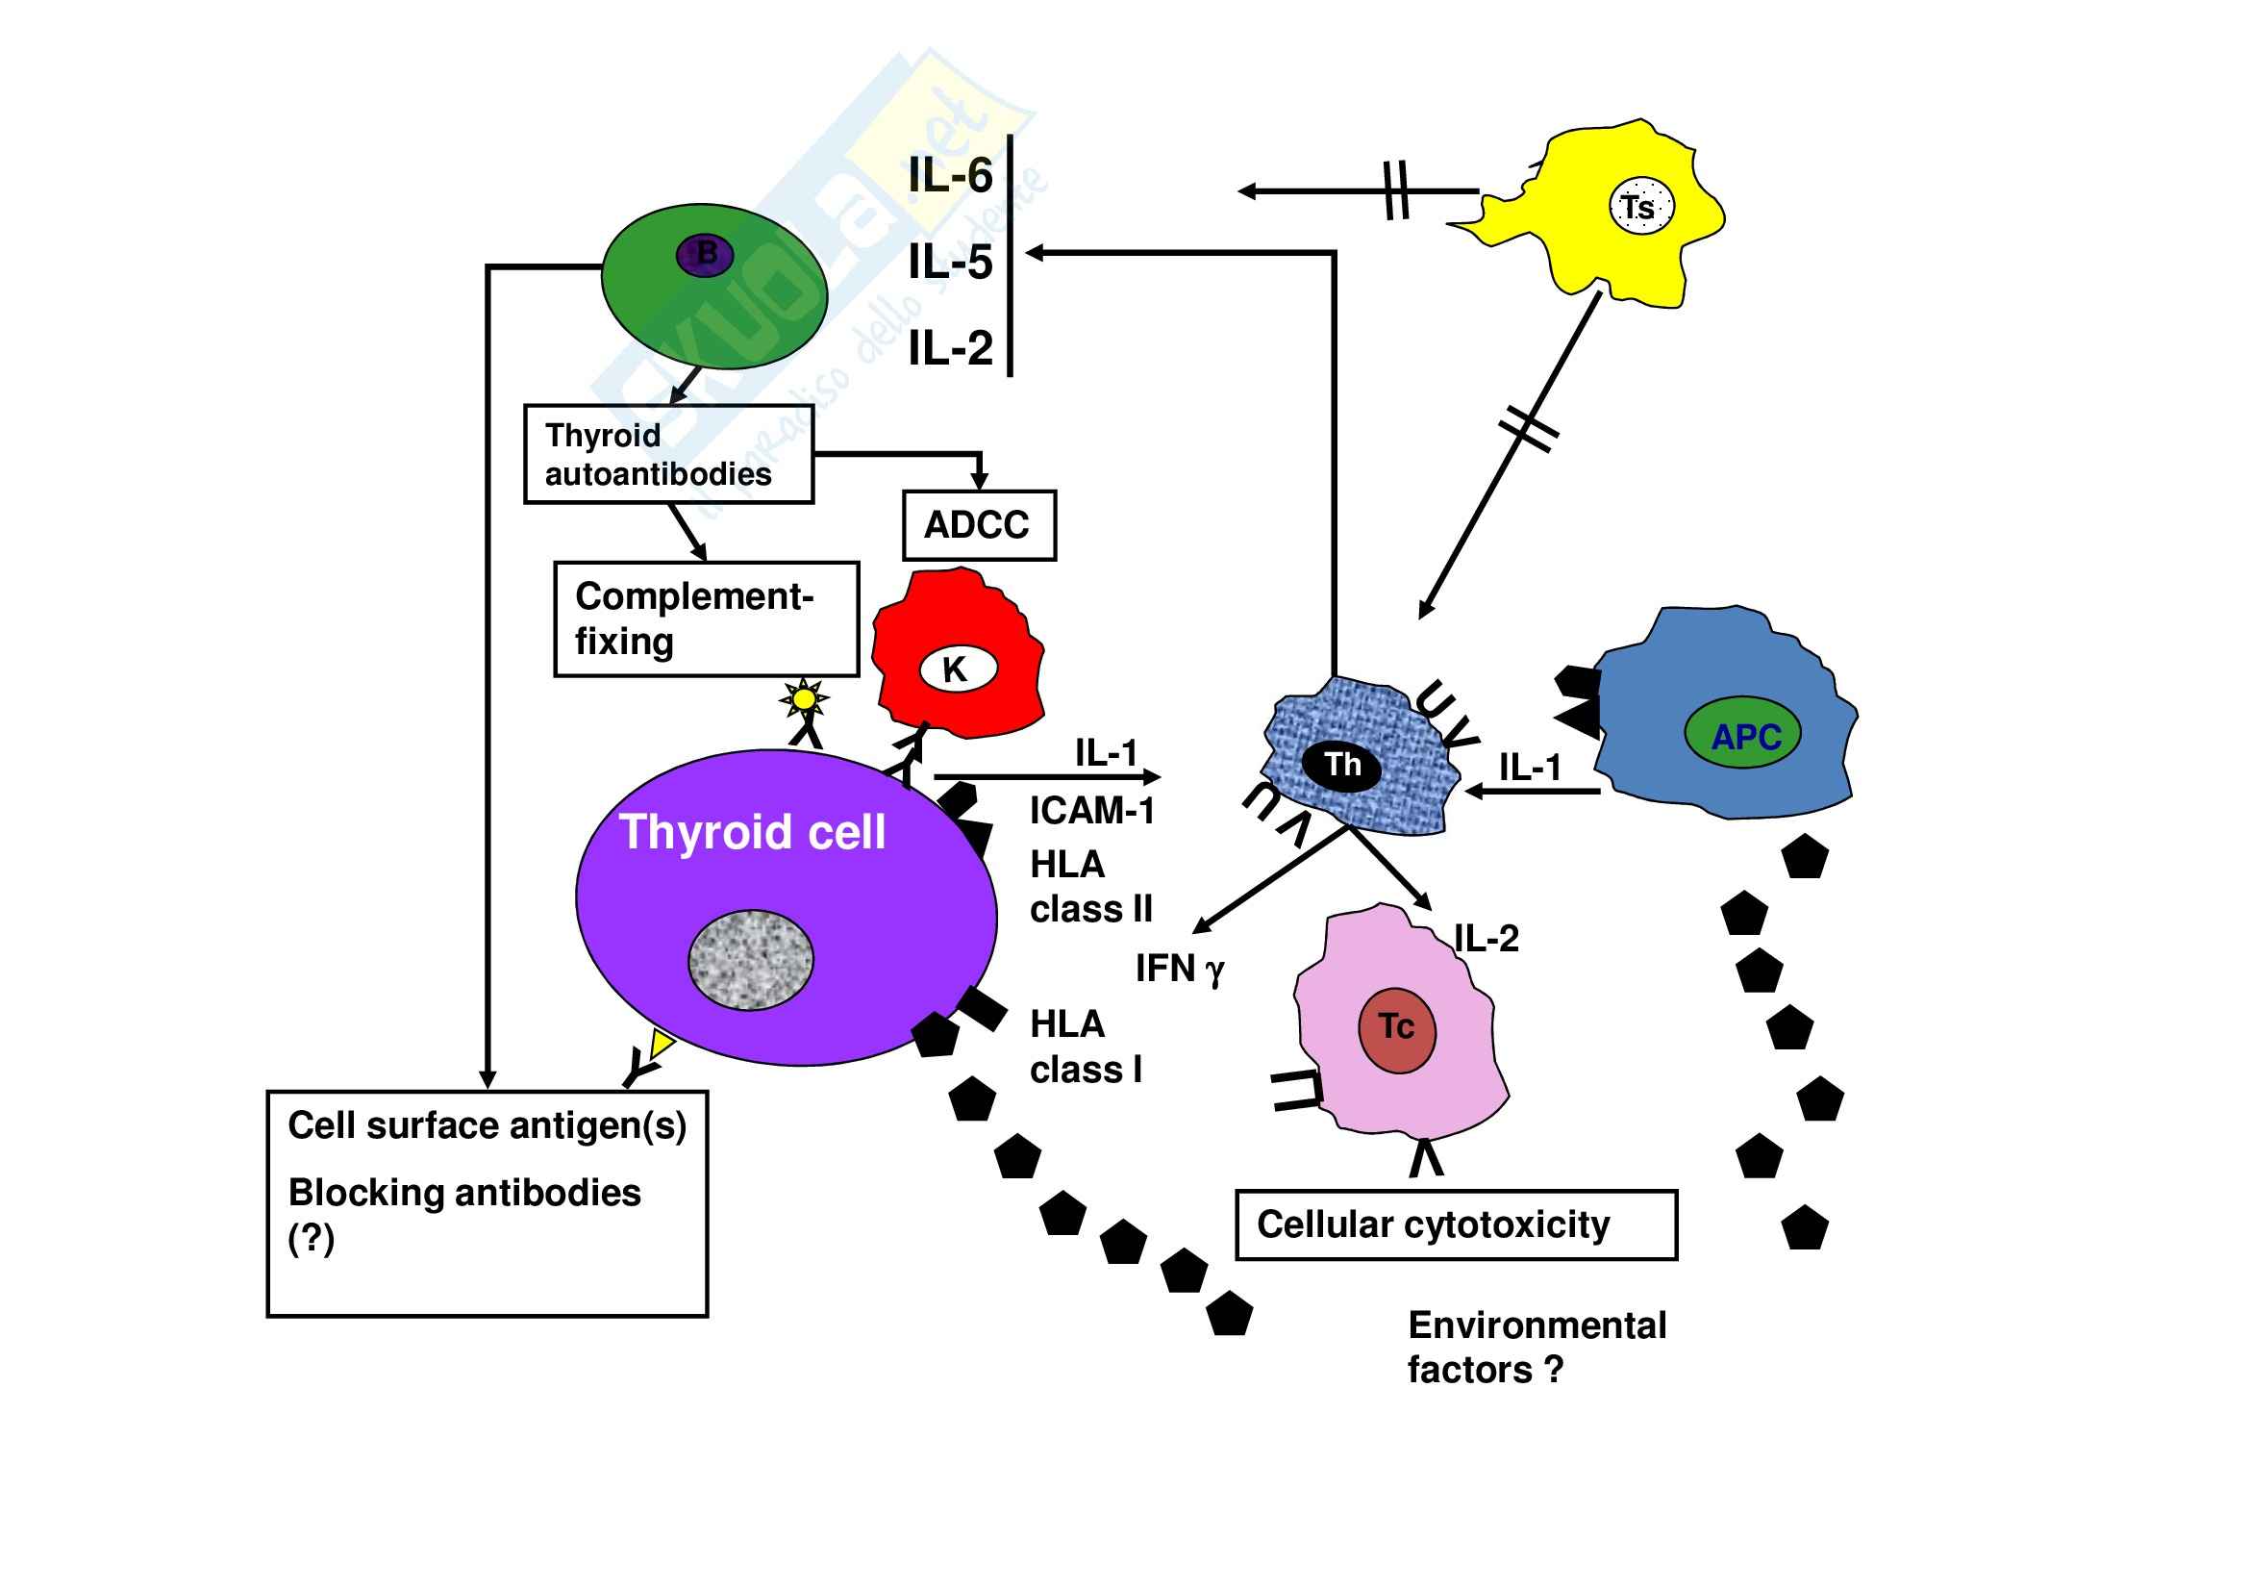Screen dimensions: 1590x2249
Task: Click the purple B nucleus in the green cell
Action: click(705, 255)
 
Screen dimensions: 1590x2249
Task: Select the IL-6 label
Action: click(949, 176)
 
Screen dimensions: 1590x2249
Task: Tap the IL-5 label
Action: click(949, 263)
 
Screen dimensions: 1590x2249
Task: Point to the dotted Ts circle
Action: click(1641, 207)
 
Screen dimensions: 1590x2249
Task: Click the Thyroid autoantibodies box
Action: click(669, 455)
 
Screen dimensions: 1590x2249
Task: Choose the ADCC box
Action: click(979, 526)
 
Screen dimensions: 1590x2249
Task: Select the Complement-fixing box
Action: click(707, 619)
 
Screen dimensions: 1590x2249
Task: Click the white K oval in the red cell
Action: click(957, 670)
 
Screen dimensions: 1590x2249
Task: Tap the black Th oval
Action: click(1343, 765)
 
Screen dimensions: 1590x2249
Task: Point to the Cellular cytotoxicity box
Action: click(1456, 1224)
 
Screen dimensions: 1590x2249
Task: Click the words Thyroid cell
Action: click(752, 833)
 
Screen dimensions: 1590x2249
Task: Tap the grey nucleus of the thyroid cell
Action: click(751, 959)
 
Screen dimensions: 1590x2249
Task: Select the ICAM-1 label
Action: click(1092, 811)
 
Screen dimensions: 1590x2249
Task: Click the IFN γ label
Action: click(1180, 969)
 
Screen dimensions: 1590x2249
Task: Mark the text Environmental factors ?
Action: click(1536, 1347)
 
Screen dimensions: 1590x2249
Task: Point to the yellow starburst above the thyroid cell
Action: click(803, 699)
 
